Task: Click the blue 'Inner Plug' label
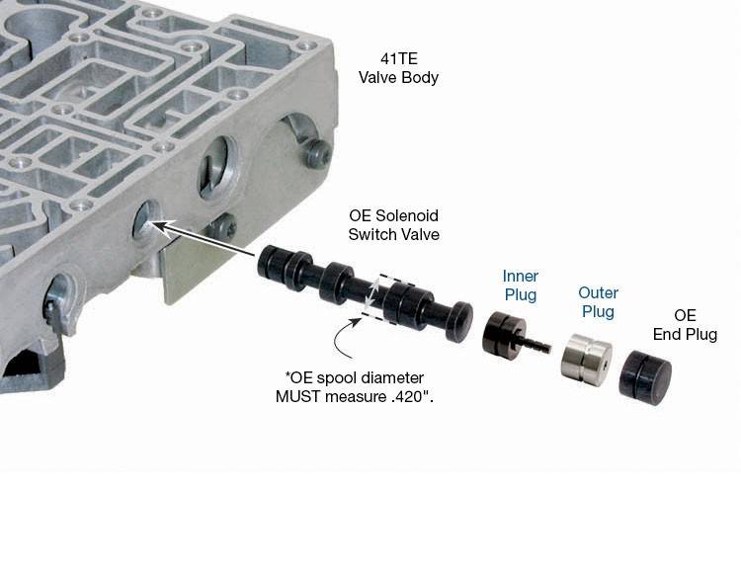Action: pyautogui.click(x=521, y=286)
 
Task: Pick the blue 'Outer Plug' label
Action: pyautogui.click(x=598, y=302)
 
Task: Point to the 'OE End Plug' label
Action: pyautogui.click(x=685, y=324)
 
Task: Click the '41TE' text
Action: pyautogui.click(x=399, y=58)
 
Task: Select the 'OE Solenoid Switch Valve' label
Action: pyautogui.click(x=393, y=225)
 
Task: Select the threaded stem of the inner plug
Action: pyautogui.click(x=535, y=343)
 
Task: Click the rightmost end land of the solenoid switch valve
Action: pyautogui.click(x=458, y=321)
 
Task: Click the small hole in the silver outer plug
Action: pyautogui.click(x=605, y=365)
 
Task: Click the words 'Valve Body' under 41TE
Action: pyautogui.click(x=399, y=77)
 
